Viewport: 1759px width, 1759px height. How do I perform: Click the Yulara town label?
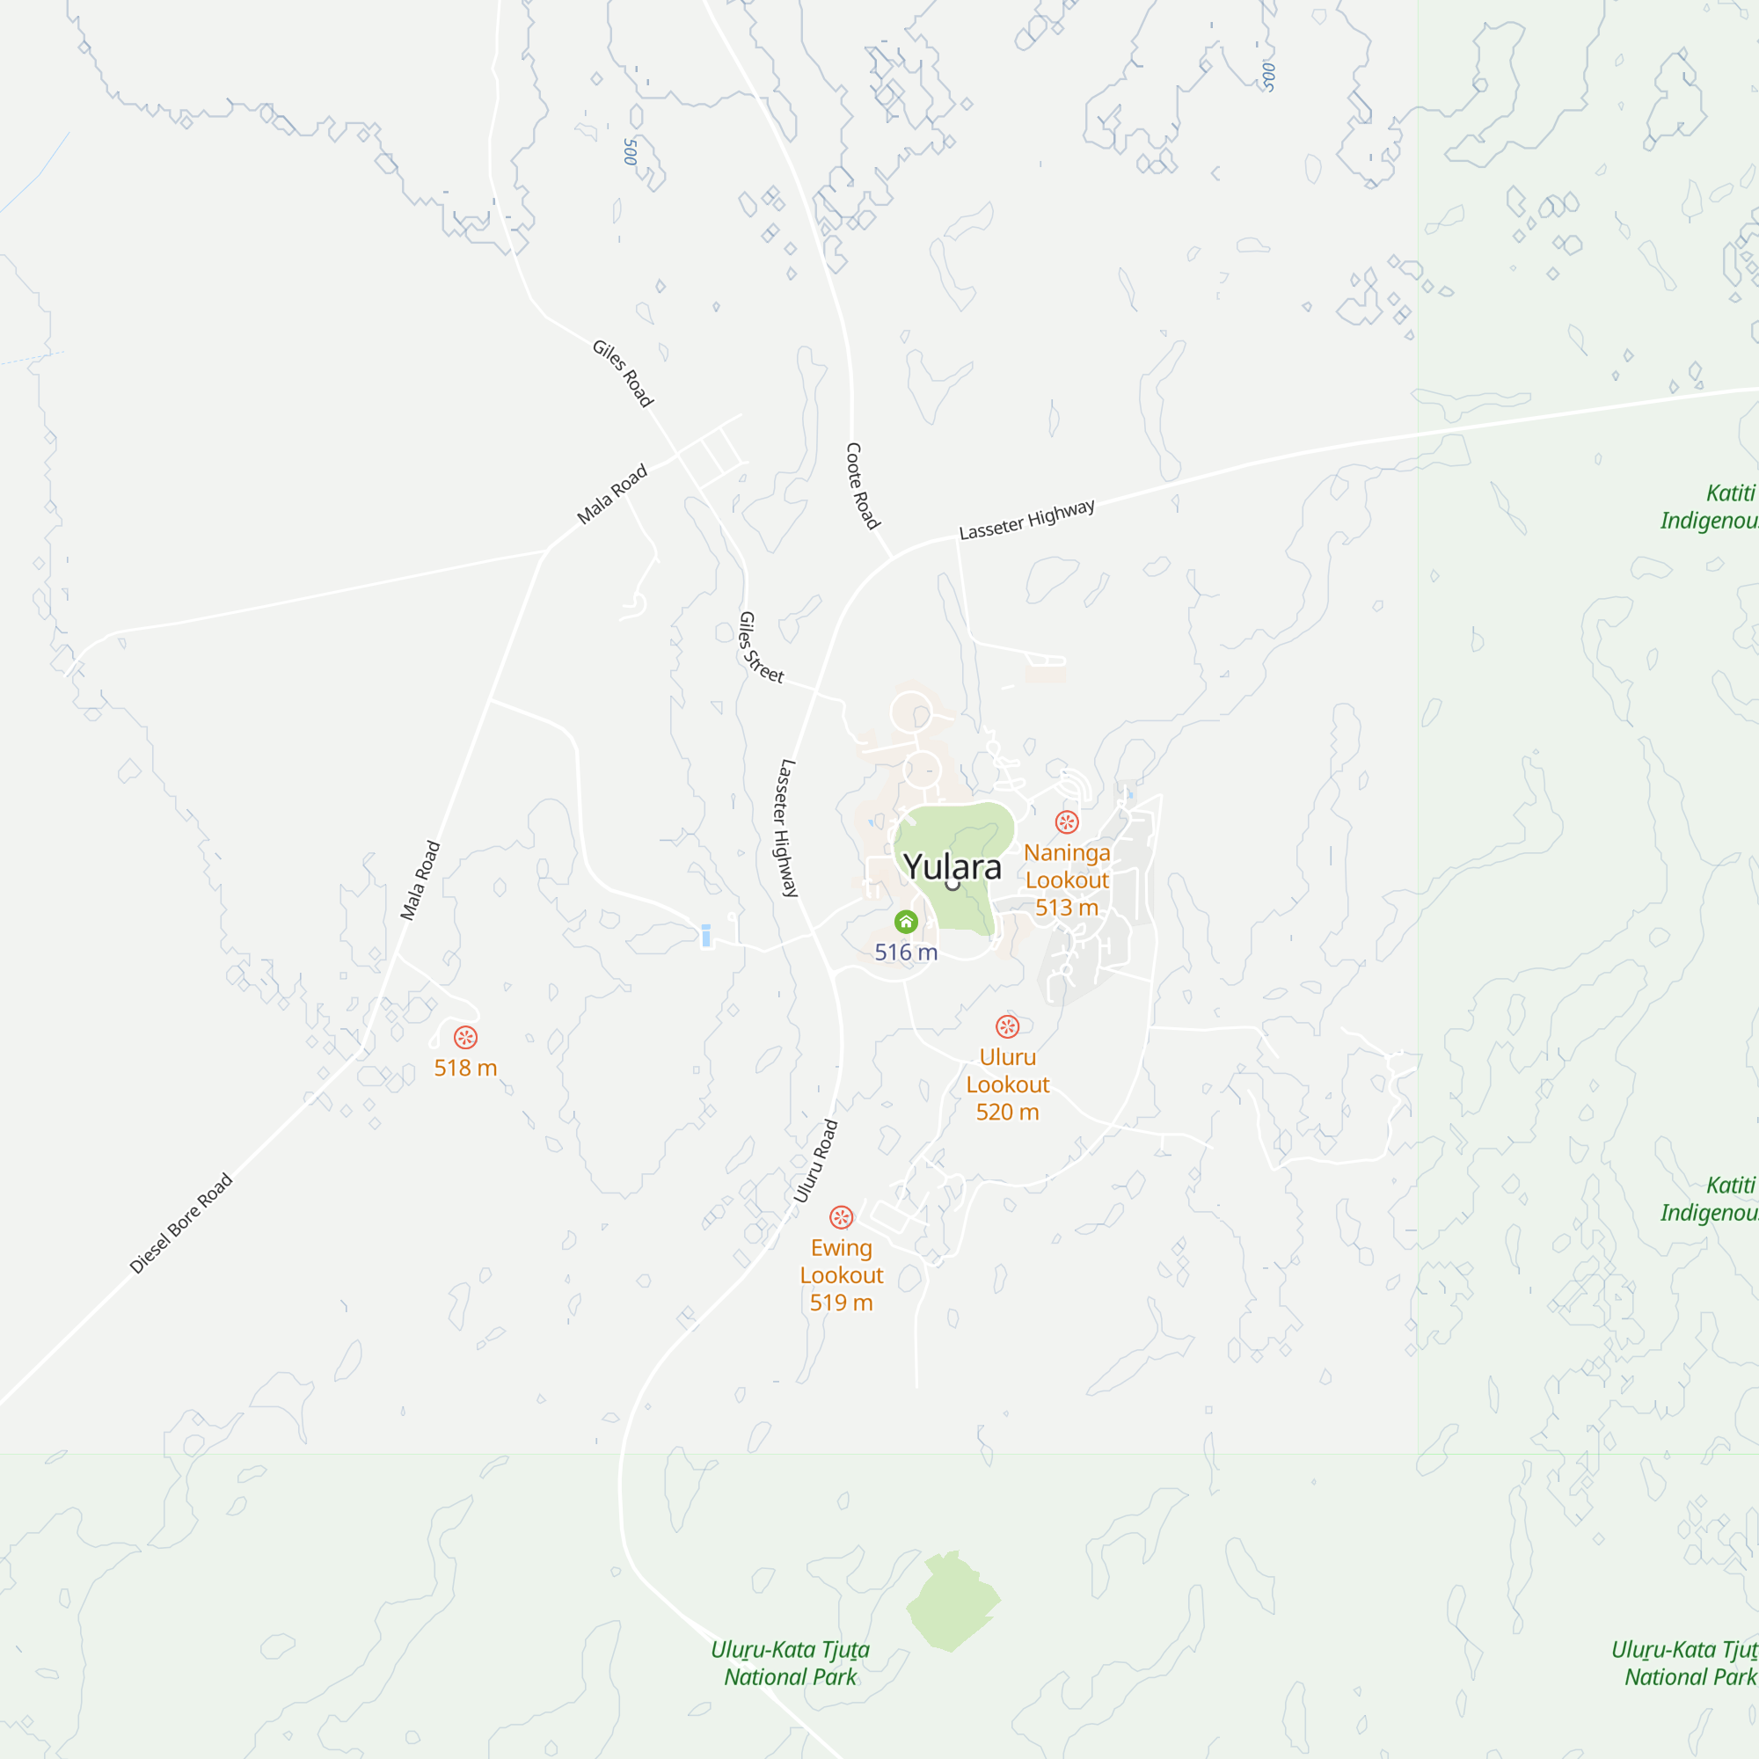(x=952, y=867)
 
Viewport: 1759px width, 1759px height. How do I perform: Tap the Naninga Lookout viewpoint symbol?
(x=1067, y=822)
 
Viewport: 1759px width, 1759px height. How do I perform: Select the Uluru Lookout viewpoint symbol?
(x=1007, y=1027)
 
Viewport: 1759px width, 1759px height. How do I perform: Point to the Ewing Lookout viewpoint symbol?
(x=842, y=1217)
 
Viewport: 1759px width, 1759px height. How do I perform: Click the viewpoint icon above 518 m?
(x=465, y=1037)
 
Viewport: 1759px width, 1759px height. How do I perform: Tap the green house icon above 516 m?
(x=906, y=923)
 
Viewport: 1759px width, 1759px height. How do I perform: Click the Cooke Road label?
(x=862, y=486)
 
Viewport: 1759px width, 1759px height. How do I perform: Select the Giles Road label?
(x=623, y=373)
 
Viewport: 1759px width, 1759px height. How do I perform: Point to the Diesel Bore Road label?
(x=181, y=1223)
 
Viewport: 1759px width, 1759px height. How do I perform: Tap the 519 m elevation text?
(x=842, y=1303)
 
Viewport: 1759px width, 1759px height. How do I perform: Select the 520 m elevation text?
(x=1007, y=1112)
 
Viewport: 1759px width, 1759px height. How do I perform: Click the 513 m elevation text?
(x=1067, y=908)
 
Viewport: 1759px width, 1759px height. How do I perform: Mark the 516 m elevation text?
(x=906, y=952)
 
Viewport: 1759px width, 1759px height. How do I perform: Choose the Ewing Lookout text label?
(x=842, y=1261)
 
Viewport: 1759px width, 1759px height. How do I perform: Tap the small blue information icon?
(x=705, y=935)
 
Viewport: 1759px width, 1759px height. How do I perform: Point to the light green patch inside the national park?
(x=953, y=1602)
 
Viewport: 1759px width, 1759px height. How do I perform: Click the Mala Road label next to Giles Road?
(x=612, y=494)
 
